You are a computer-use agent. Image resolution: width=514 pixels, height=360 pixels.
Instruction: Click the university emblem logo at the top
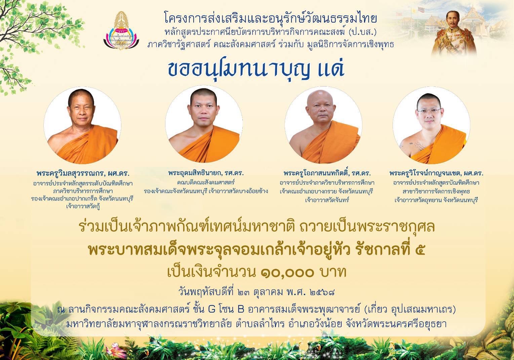coord(121,30)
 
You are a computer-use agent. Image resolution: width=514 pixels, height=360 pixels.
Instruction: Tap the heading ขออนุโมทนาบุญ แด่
coord(256,69)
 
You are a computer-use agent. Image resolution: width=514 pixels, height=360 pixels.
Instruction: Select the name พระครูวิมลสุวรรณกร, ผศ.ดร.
coord(83,173)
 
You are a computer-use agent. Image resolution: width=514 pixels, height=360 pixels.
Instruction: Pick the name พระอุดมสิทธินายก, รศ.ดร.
coord(206,173)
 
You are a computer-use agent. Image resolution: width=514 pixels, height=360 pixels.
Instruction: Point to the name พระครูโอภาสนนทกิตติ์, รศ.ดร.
coord(327,173)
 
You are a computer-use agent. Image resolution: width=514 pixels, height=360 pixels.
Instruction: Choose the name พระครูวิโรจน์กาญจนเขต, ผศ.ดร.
coord(436,173)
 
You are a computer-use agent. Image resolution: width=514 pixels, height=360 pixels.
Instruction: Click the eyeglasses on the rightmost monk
coord(429,111)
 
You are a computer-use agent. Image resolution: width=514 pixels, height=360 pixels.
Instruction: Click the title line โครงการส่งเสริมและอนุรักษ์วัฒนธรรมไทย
coord(271,19)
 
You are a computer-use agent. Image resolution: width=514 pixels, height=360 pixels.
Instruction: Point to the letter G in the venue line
coord(212,310)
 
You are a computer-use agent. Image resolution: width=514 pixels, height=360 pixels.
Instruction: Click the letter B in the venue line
coord(241,310)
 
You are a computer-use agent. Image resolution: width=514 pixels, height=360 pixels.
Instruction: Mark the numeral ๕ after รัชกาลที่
coord(420,250)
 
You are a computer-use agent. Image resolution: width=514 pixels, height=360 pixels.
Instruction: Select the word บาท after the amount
coord(333,273)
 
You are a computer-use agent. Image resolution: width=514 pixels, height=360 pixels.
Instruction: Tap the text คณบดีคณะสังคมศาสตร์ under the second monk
coord(206,183)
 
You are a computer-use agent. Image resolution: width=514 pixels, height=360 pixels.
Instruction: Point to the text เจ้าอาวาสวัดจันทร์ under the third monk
coord(327,200)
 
